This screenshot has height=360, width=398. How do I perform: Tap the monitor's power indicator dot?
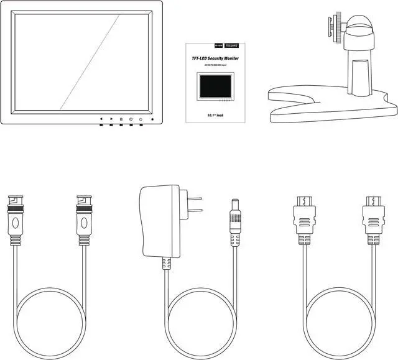click(x=152, y=119)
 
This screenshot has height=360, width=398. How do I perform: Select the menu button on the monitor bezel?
click(x=121, y=118)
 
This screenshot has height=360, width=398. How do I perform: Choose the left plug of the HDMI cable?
click(x=303, y=218)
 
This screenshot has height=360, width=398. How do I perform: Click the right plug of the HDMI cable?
click(x=372, y=218)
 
